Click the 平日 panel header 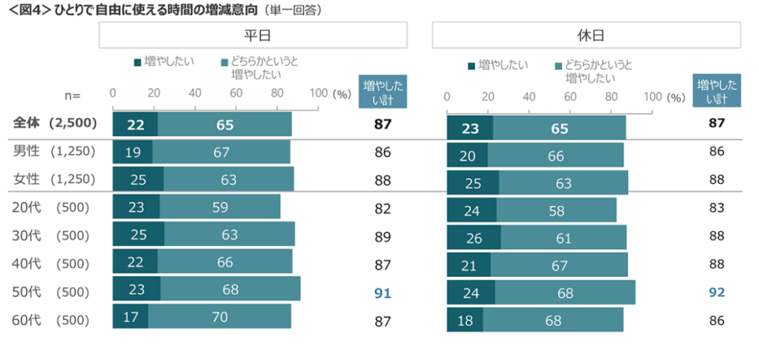[x=253, y=35]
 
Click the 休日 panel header [x=586, y=35]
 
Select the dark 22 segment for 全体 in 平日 [x=135, y=124]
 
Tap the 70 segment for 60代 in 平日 [x=219, y=316]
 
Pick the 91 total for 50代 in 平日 [x=382, y=293]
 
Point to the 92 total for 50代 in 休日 [x=716, y=293]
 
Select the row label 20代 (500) [x=51, y=208]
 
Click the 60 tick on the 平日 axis [x=236, y=94]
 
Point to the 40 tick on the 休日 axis [x=529, y=96]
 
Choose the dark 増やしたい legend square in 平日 [x=138, y=62]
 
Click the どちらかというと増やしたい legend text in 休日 [x=598, y=70]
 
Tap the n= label [x=72, y=96]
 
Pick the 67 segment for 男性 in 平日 [x=221, y=153]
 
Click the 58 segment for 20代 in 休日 [x=556, y=210]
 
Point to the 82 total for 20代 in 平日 [x=382, y=208]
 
